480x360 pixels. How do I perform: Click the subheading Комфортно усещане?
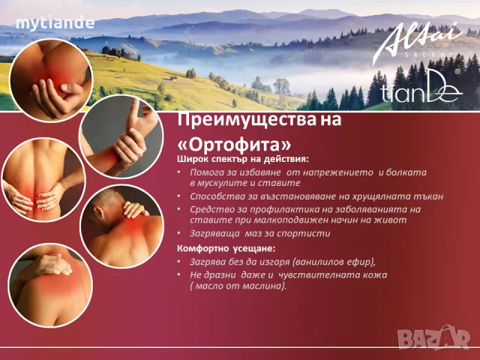[226, 247]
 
